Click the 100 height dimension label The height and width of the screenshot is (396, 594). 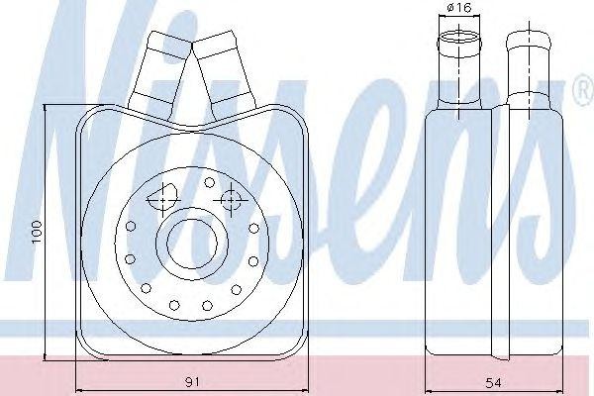[x=37, y=232]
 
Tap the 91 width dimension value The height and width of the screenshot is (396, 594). [x=192, y=382]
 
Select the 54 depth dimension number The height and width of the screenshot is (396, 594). [x=493, y=383]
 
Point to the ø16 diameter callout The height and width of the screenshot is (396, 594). [x=458, y=8]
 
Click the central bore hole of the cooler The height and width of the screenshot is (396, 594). [x=192, y=243]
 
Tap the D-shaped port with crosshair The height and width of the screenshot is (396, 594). [x=163, y=197]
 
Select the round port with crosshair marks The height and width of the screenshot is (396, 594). [x=231, y=199]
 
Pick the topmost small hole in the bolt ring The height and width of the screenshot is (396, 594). [x=209, y=182]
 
